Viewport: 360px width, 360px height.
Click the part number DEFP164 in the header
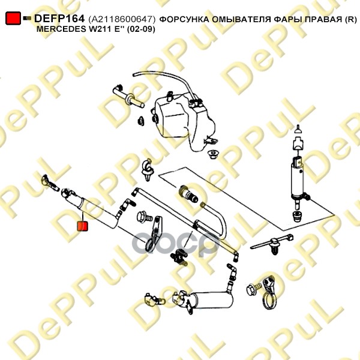tap(59, 19)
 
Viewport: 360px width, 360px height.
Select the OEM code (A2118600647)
tap(122, 19)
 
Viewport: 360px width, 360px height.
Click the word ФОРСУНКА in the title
tap(184, 20)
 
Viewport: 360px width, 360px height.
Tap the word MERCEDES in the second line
tap(61, 29)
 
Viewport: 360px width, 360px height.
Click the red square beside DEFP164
tap(13, 18)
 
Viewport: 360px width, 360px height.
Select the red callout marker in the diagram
tap(82, 226)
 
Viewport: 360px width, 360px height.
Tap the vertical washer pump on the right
tap(299, 181)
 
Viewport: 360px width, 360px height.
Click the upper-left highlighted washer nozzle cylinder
tap(92, 209)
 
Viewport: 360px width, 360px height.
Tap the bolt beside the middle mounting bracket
tap(144, 217)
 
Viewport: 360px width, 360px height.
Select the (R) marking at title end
tap(351, 20)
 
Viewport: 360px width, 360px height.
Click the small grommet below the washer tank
tap(213, 155)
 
